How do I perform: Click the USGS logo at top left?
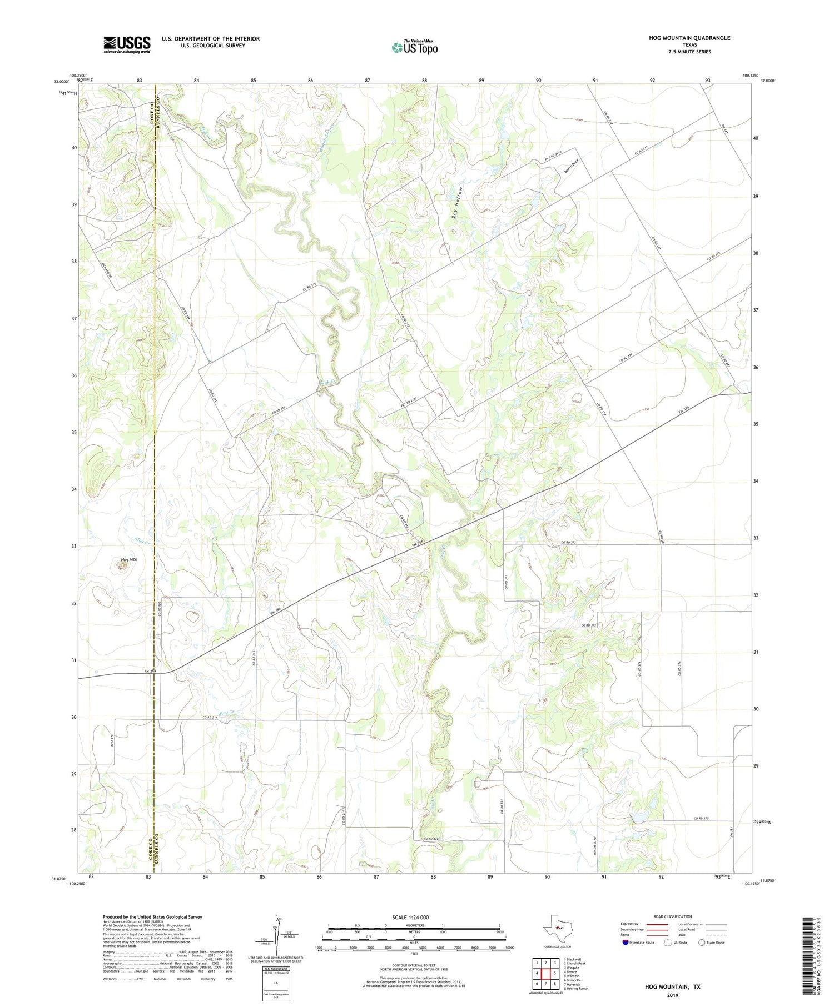[127, 44]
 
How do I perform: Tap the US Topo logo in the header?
[415, 47]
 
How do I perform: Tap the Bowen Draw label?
[572, 165]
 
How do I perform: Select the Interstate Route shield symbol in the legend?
[625, 942]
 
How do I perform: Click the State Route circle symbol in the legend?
[702, 942]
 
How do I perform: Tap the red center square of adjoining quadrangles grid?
[545, 973]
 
